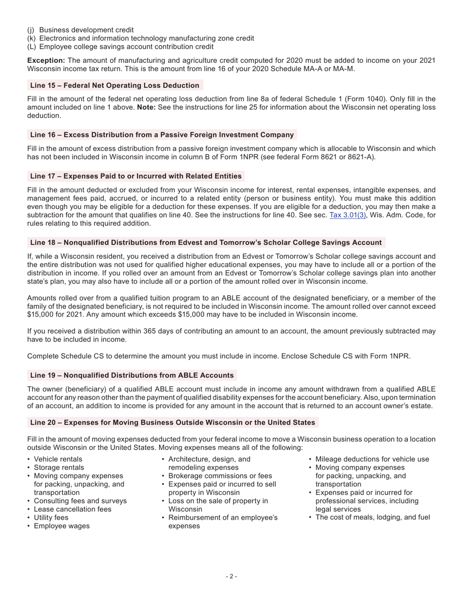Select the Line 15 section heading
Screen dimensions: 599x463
click(x=115, y=85)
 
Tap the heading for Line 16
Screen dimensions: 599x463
click(x=162, y=134)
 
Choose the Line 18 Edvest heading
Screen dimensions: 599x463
click(x=206, y=243)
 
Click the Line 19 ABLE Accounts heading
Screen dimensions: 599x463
click(x=132, y=375)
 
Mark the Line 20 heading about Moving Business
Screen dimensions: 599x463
click(x=173, y=422)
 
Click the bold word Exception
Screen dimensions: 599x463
click(x=46, y=60)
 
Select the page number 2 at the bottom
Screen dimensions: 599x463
click(x=231, y=577)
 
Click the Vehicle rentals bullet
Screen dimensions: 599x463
click(x=58, y=459)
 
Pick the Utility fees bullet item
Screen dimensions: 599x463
click(x=51, y=517)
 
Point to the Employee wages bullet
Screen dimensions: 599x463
click(x=61, y=525)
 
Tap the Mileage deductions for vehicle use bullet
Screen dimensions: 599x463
click(x=372, y=459)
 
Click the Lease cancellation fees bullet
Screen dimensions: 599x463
click(x=72, y=509)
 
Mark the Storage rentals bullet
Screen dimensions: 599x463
click(x=58, y=467)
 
